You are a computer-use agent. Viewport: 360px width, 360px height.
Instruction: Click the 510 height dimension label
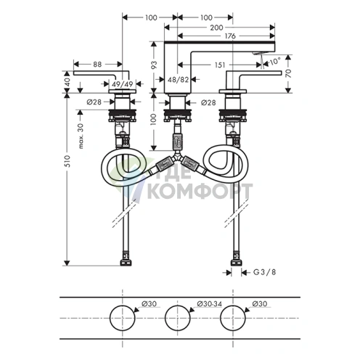(68, 161)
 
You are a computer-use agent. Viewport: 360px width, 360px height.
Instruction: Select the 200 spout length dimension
(216, 28)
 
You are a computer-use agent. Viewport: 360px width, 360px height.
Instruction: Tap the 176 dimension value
(230, 36)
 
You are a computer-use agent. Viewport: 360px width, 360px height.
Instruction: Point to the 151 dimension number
(220, 65)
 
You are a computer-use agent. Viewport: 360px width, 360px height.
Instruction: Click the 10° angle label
(275, 61)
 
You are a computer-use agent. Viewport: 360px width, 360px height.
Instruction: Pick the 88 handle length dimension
(97, 65)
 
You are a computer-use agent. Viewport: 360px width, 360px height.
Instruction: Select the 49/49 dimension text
(123, 84)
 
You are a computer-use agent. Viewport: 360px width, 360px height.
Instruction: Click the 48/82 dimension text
(178, 79)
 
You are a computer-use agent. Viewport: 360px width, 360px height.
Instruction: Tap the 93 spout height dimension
(154, 65)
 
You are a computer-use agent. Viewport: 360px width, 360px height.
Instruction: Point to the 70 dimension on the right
(289, 73)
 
